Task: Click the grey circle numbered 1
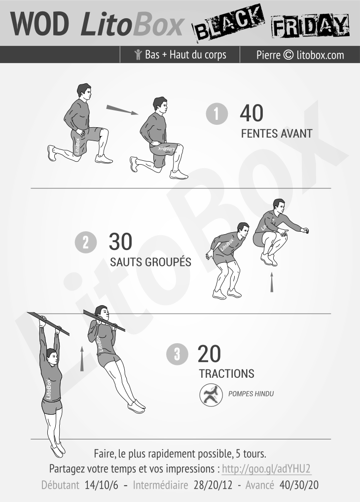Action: click(x=217, y=113)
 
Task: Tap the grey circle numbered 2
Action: click(x=86, y=242)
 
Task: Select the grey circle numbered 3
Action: click(x=177, y=354)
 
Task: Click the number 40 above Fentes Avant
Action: click(x=252, y=113)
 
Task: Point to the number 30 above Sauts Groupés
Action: click(x=120, y=242)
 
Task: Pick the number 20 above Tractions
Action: click(x=210, y=354)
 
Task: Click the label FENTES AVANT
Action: click(x=277, y=134)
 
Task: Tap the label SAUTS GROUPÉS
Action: click(x=150, y=261)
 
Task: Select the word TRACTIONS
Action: click(x=227, y=374)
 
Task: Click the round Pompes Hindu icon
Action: click(x=211, y=395)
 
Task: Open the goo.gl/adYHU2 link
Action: click(x=266, y=468)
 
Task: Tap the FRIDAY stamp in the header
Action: click(x=310, y=26)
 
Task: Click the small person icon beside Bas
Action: click(x=138, y=55)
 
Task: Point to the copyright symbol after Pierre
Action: click(x=288, y=55)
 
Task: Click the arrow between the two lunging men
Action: click(x=122, y=109)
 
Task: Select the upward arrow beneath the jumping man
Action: click(x=272, y=282)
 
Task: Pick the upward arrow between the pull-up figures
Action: click(x=82, y=359)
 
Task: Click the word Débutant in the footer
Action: click(x=60, y=485)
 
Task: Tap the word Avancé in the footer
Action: click(x=260, y=485)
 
